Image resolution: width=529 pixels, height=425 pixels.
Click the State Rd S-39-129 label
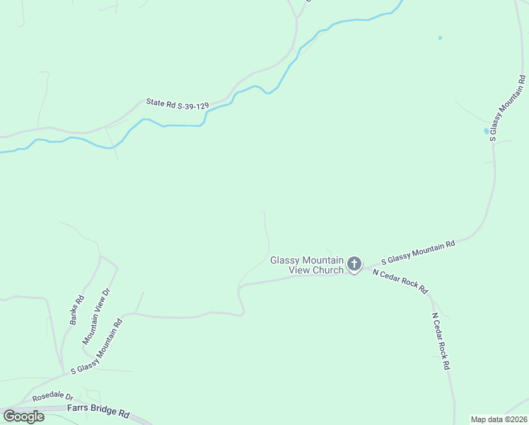177,104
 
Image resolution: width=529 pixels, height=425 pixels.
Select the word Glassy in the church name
286,260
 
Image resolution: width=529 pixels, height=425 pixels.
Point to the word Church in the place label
327,270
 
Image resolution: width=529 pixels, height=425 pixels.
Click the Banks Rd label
76,310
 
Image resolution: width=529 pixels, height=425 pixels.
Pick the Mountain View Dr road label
97,316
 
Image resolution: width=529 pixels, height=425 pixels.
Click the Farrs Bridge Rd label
98,411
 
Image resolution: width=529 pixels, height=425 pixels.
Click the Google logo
23,416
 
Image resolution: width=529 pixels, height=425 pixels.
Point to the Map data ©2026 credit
499,419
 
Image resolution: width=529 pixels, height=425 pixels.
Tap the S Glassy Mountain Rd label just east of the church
417,253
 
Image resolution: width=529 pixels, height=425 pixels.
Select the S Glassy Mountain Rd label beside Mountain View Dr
97,346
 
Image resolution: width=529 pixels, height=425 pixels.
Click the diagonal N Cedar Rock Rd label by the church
400,281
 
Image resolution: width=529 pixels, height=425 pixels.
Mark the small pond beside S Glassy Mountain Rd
486,130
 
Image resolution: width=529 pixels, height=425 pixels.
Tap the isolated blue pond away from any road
440,38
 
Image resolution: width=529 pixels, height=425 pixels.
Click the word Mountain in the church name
324,260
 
